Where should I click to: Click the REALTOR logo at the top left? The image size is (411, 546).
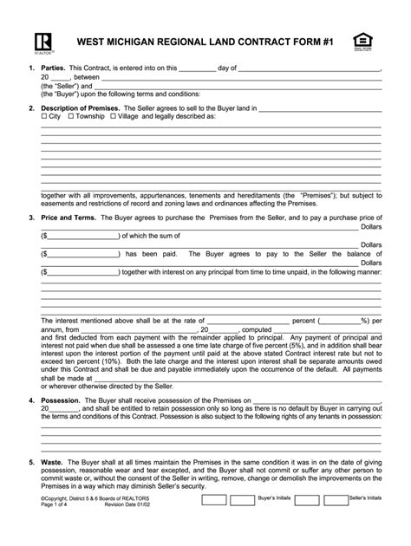(x=41, y=42)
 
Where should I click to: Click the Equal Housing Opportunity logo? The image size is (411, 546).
(x=361, y=40)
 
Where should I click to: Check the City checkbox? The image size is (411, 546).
(x=44, y=115)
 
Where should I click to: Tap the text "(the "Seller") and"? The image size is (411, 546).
(x=68, y=87)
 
